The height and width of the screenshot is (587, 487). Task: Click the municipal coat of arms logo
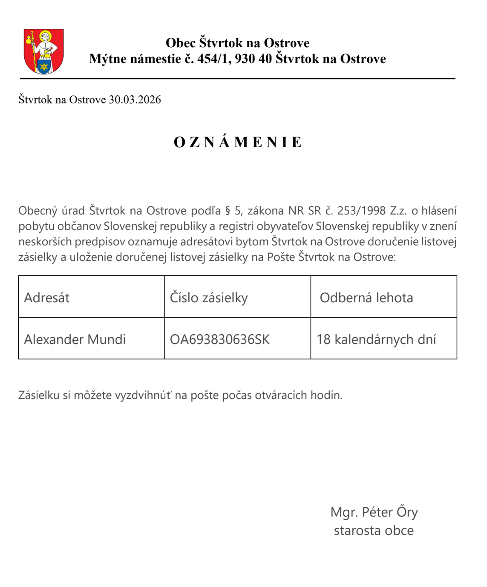click(44, 51)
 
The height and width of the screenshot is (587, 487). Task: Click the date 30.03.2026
click(135, 100)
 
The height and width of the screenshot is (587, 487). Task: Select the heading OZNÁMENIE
click(238, 142)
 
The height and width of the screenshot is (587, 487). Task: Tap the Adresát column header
click(47, 298)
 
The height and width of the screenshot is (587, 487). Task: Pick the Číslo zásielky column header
click(209, 298)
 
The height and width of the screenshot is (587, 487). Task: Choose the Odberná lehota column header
click(366, 298)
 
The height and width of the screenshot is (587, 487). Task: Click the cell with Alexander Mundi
click(75, 340)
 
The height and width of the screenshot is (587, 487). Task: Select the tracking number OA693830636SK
click(220, 340)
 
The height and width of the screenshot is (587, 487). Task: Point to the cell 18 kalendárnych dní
click(376, 340)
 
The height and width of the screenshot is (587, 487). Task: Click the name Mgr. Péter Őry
click(374, 512)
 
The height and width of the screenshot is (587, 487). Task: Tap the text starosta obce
click(373, 531)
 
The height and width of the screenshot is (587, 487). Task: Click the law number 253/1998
click(361, 211)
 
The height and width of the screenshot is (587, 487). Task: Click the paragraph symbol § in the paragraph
click(227, 211)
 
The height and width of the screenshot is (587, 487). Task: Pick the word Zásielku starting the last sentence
click(39, 395)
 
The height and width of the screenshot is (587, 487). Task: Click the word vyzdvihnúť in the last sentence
click(143, 395)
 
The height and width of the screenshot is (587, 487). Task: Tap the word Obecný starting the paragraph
click(38, 211)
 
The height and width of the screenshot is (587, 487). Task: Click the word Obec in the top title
click(181, 43)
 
